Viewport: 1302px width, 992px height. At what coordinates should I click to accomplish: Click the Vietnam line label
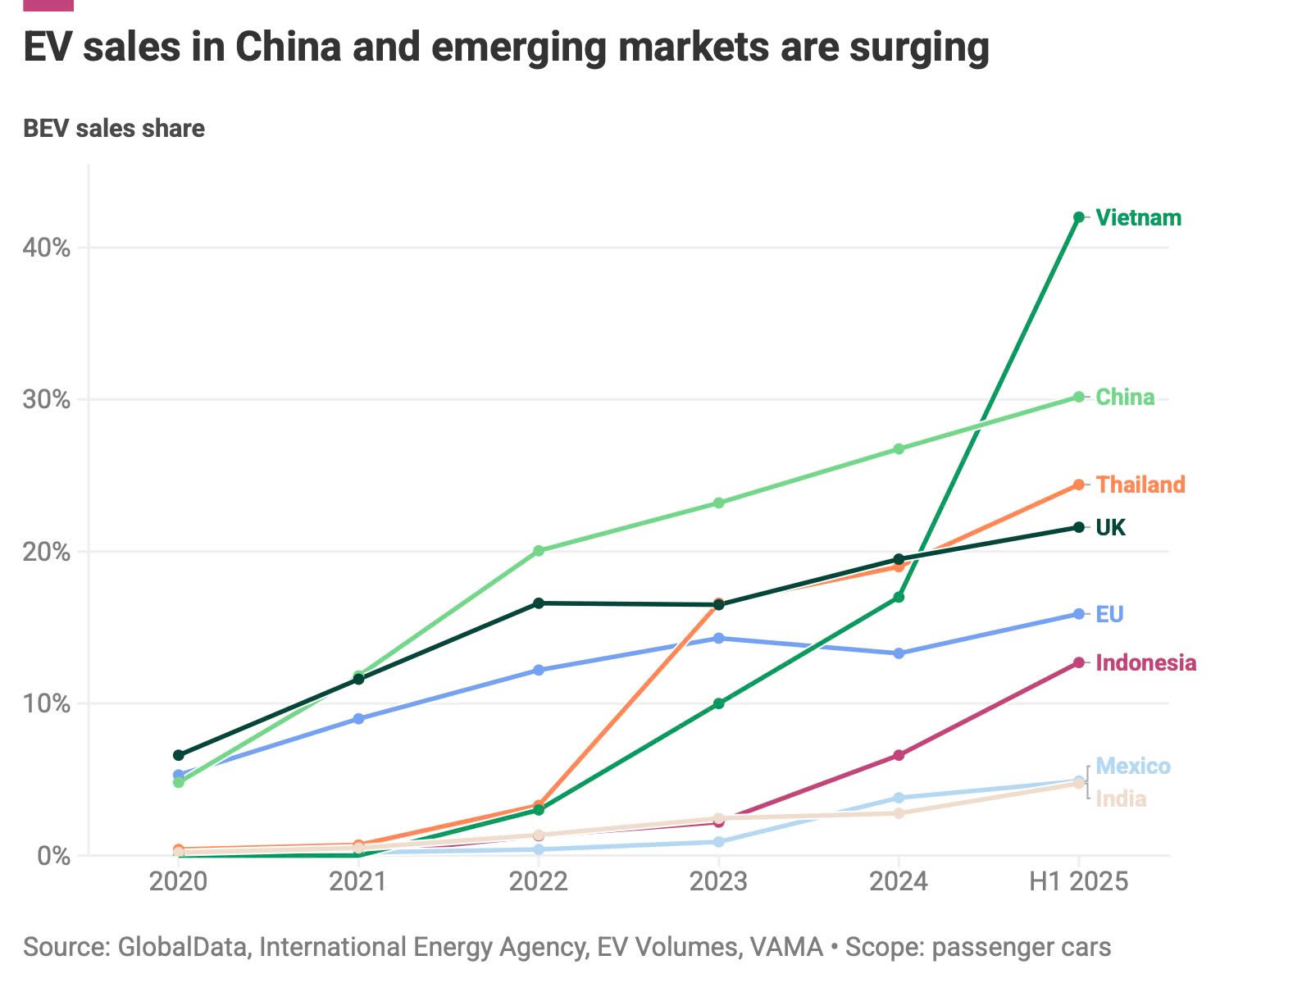pyautogui.click(x=1138, y=218)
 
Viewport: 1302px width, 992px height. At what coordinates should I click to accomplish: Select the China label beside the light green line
pyautogui.click(x=1125, y=398)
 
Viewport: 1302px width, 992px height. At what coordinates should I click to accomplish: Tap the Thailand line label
pyautogui.click(x=1140, y=485)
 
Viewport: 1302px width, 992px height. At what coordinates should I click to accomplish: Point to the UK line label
pyautogui.click(x=1111, y=528)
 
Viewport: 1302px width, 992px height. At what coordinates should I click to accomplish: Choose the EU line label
pyautogui.click(x=1109, y=615)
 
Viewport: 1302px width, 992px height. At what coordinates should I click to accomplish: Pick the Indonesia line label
pyautogui.click(x=1145, y=663)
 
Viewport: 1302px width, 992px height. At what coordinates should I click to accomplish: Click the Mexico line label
pyautogui.click(x=1133, y=767)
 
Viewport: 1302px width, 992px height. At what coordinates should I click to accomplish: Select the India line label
pyautogui.click(x=1121, y=799)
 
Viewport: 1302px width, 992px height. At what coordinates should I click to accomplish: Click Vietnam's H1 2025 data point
pyautogui.click(x=1079, y=217)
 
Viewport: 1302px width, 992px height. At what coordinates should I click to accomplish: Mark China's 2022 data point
pyautogui.click(x=539, y=551)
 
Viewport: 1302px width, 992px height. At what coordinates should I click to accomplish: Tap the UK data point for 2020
pyautogui.click(x=179, y=755)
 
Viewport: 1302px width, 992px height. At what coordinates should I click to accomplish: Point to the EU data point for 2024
pyautogui.click(x=899, y=653)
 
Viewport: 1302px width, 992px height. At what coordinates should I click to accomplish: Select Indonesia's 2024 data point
pyautogui.click(x=899, y=755)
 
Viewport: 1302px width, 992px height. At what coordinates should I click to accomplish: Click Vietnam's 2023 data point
pyautogui.click(x=719, y=703)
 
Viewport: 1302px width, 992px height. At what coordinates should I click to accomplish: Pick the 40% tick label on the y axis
pyautogui.click(x=46, y=248)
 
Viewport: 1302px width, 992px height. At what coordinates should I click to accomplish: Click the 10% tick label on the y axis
pyautogui.click(x=46, y=704)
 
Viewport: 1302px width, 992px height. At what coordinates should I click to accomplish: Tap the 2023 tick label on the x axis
pyautogui.click(x=718, y=882)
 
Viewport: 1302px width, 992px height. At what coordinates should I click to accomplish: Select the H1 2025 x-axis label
pyautogui.click(x=1078, y=882)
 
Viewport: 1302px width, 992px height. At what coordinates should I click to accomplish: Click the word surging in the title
pyautogui.click(x=919, y=48)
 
